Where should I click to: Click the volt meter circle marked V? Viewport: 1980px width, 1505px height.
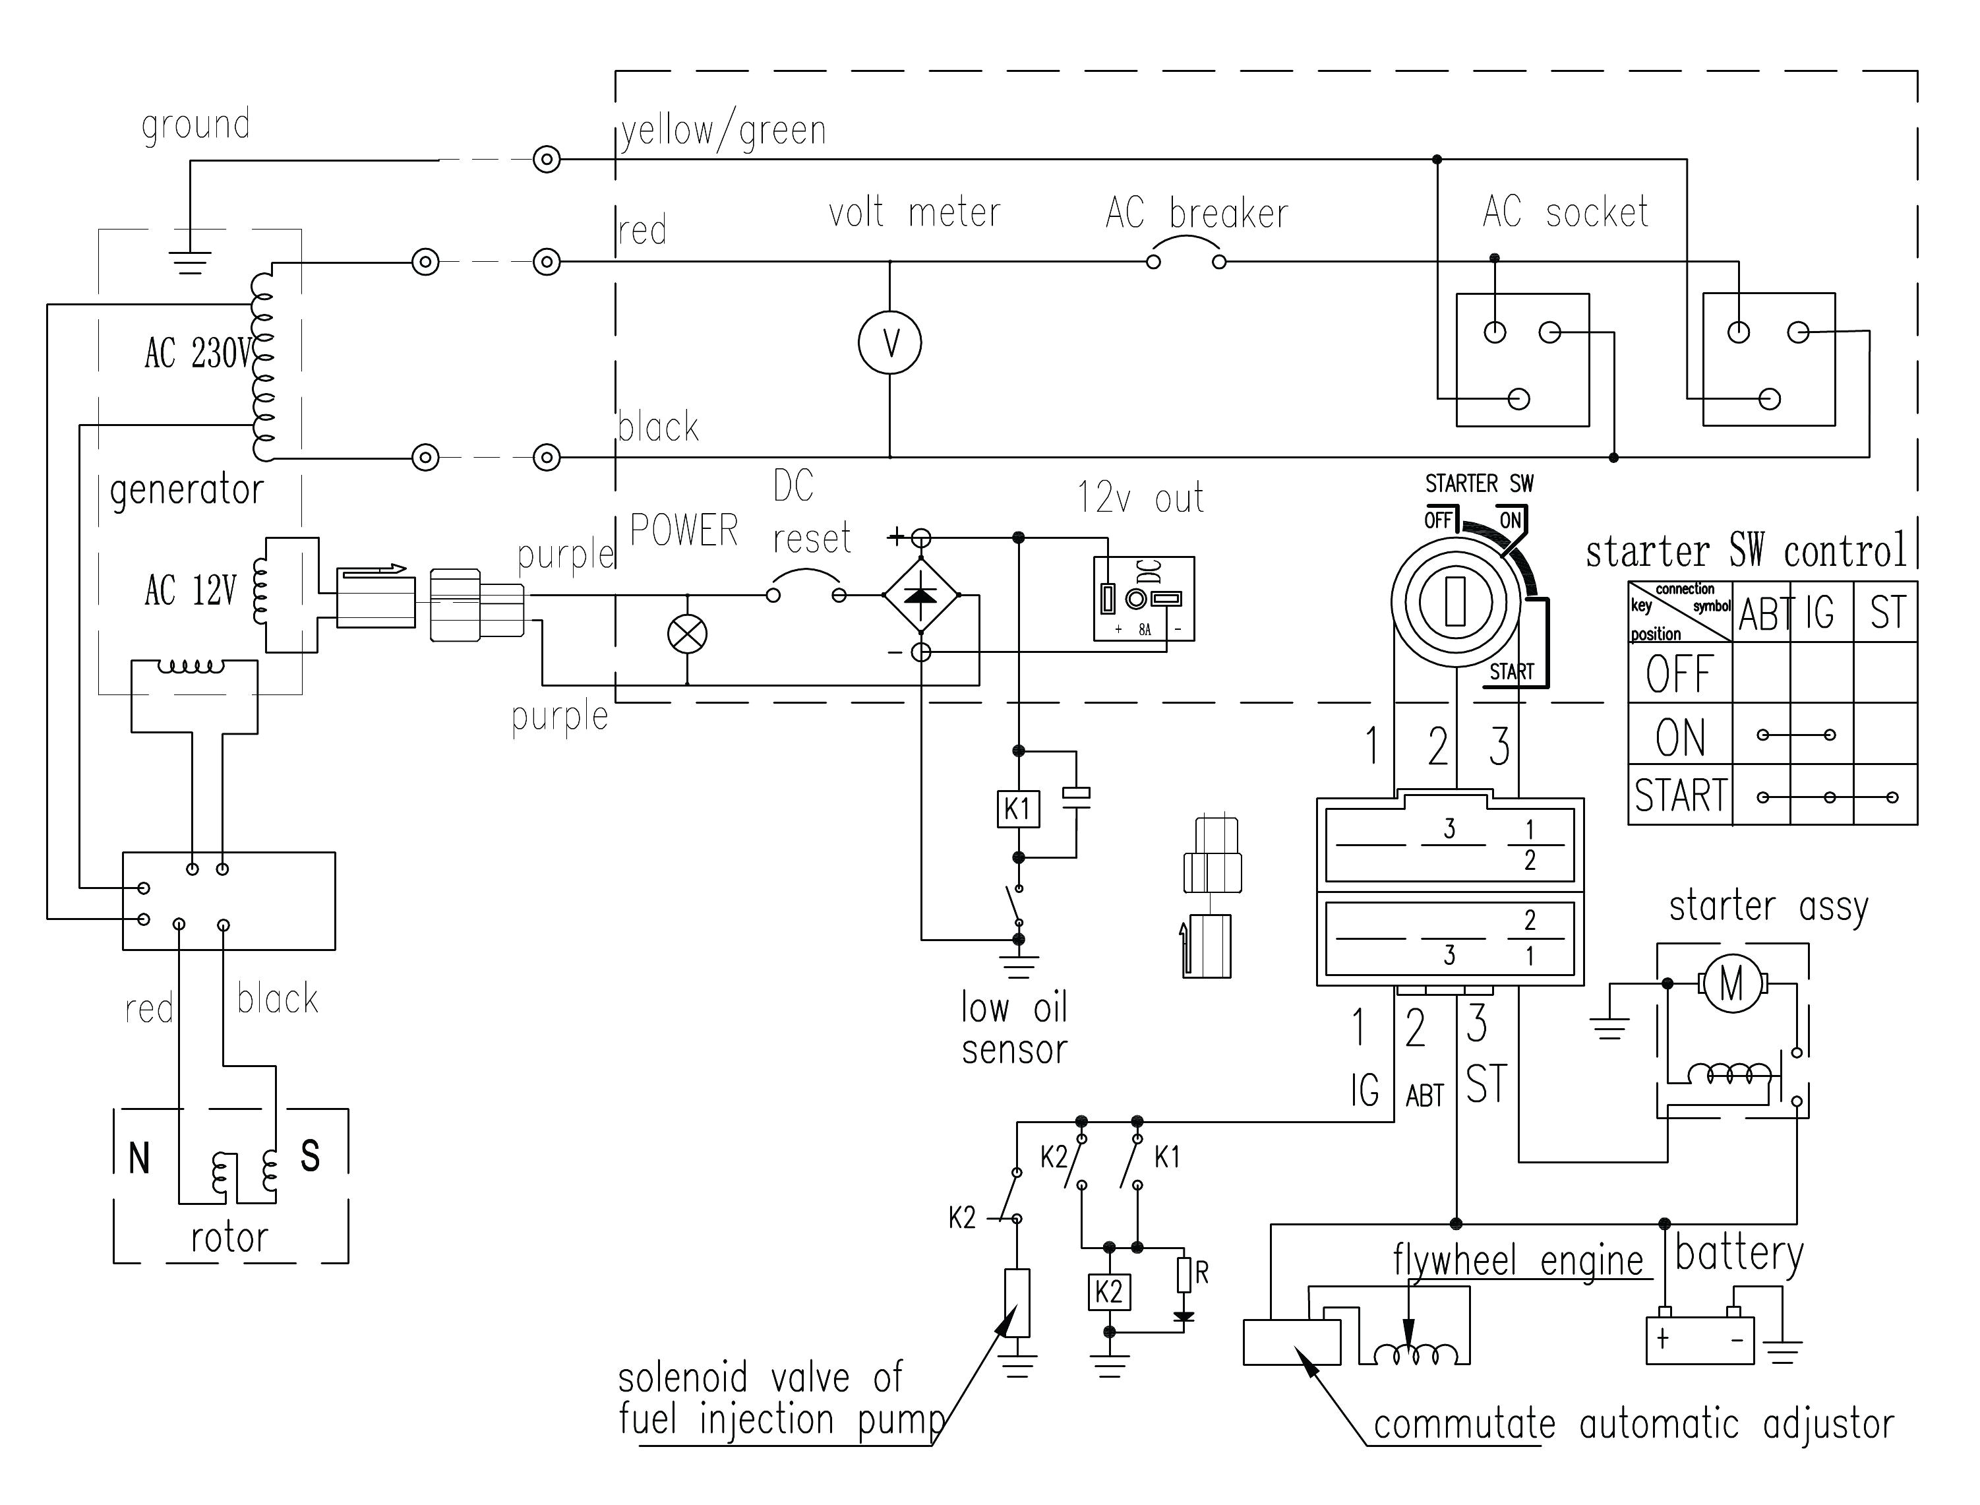click(x=889, y=343)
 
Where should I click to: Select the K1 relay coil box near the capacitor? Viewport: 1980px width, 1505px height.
click(x=1017, y=810)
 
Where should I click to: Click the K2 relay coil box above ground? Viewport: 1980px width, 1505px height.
click(x=1108, y=1292)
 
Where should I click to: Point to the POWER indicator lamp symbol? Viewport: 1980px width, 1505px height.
click(x=687, y=634)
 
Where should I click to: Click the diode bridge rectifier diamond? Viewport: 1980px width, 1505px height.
click(x=920, y=595)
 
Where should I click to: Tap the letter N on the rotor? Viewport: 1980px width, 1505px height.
click(x=139, y=1158)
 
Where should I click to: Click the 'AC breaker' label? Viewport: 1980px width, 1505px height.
click(x=1197, y=213)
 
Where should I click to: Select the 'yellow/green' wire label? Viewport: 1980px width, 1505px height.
click(x=723, y=131)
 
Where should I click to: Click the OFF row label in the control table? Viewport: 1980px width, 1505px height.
click(x=1679, y=673)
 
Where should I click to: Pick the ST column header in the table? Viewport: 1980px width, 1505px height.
click(x=1887, y=613)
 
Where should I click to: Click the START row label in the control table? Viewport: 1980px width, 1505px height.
click(x=1680, y=795)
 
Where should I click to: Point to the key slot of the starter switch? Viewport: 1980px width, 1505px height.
click(x=1455, y=601)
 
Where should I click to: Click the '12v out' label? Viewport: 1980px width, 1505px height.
click(x=1140, y=498)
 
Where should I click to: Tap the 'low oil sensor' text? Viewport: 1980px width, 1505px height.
click(x=1015, y=1028)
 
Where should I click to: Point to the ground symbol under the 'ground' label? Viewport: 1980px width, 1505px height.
click(x=191, y=262)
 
